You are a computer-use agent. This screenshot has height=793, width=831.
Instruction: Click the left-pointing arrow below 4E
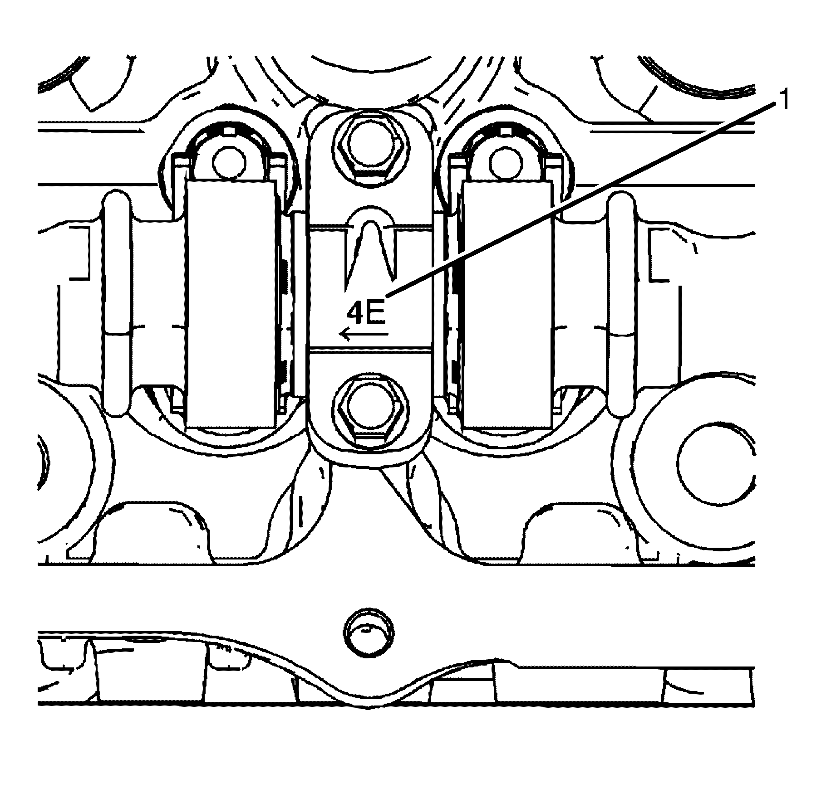coord(364,335)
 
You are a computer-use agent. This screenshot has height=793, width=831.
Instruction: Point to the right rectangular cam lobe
coord(507,304)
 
